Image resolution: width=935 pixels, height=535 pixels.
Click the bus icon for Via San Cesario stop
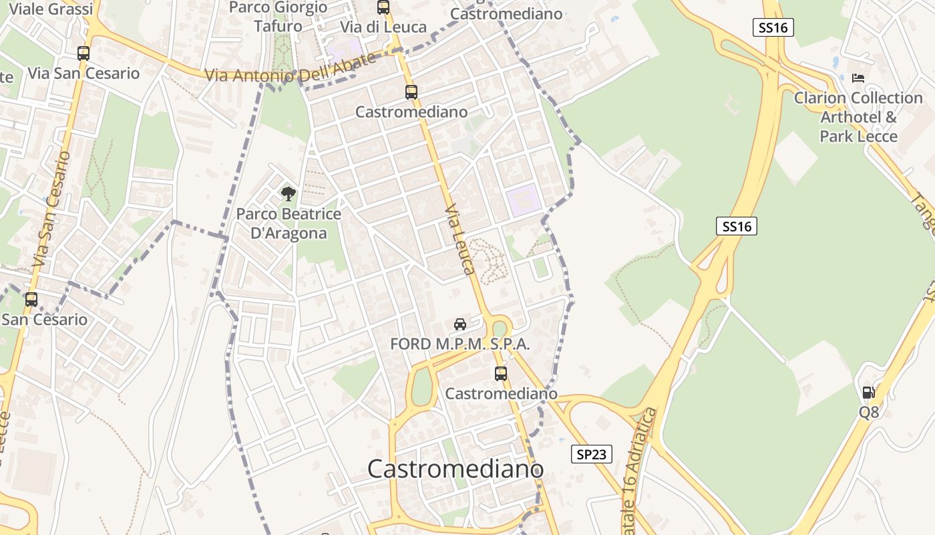tap(83, 53)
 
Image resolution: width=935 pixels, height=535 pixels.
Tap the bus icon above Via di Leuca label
tap(383, 7)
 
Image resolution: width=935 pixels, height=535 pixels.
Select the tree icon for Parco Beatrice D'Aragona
tap(289, 194)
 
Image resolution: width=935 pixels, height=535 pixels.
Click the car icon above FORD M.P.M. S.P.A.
tap(460, 324)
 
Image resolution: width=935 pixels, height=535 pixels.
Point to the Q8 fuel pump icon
tap(868, 393)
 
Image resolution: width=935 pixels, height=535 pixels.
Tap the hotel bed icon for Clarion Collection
tap(858, 78)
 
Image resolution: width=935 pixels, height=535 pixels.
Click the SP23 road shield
tap(592, 455)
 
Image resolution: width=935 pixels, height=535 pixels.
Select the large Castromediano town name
tap(455, 469)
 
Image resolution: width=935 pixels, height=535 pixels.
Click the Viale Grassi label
tap(51, 9)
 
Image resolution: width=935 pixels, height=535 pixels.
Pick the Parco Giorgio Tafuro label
tap(278, 17)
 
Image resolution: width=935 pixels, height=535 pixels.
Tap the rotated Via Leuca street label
tap(460, 239)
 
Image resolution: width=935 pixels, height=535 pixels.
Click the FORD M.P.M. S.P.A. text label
tap(460, 344)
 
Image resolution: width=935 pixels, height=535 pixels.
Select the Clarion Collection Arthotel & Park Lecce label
tap(858, 117)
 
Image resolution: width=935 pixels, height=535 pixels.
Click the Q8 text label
tap(869, 412)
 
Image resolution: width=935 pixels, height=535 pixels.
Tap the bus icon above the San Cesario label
tap(31, 300)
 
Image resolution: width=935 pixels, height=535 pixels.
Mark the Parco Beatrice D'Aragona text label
tap(289, 223)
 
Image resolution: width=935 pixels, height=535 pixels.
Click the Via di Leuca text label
tap(383, 27)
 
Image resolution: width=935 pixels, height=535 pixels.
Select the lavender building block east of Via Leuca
tap(523, 200)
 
